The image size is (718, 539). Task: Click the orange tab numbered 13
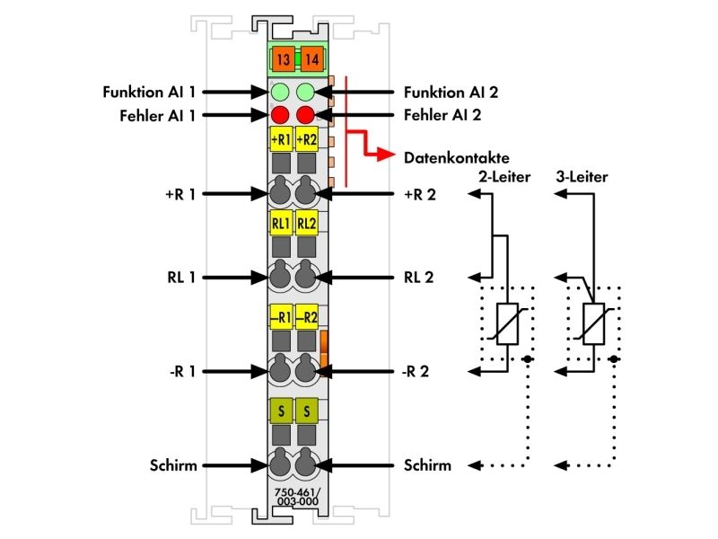284,59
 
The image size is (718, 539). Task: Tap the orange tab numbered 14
312,59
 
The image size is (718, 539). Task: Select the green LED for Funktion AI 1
280,93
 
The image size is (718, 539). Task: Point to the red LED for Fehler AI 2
305,115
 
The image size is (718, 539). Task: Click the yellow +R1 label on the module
281,139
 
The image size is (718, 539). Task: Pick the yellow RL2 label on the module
306,223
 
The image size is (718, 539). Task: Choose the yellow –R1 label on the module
281,317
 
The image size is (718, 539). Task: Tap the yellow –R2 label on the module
306,317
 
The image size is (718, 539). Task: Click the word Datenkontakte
457,158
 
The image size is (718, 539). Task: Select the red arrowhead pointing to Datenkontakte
387,155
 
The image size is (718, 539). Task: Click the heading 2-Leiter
504,177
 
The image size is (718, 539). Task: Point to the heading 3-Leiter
582,177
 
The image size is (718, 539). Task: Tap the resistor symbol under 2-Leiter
507,323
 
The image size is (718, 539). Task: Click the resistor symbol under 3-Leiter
594,323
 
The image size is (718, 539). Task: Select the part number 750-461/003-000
298,497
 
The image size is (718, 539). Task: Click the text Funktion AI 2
451,93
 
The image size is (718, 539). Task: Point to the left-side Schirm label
173,465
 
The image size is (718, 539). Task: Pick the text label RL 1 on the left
181,278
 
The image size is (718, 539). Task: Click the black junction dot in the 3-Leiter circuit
614,359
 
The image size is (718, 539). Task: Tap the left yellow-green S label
281,411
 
